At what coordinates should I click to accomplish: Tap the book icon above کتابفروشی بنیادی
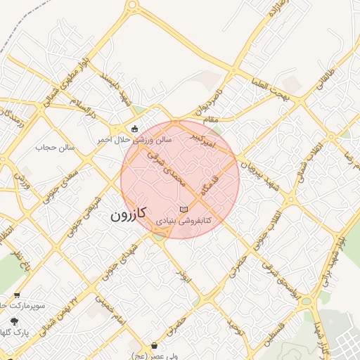tap(184, 210)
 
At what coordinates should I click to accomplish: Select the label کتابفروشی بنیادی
tap(183, 220)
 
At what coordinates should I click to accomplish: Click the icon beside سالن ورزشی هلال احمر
tap(134, 129)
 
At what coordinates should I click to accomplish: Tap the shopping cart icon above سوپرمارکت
tap(16, 296)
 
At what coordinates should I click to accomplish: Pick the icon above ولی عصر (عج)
tap(154, 345)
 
